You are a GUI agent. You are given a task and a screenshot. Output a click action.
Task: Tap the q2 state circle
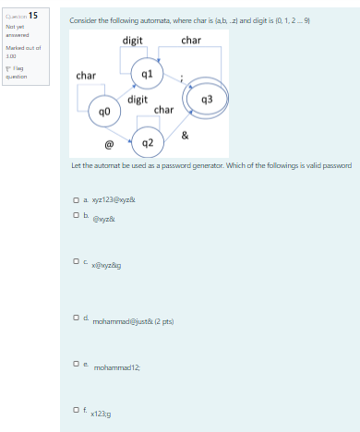point(147,142)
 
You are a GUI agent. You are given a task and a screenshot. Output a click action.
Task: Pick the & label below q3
point(186,136)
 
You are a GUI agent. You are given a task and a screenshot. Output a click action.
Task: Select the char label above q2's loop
point(163,110)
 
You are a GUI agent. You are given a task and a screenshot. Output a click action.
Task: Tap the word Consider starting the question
point(82,19)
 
